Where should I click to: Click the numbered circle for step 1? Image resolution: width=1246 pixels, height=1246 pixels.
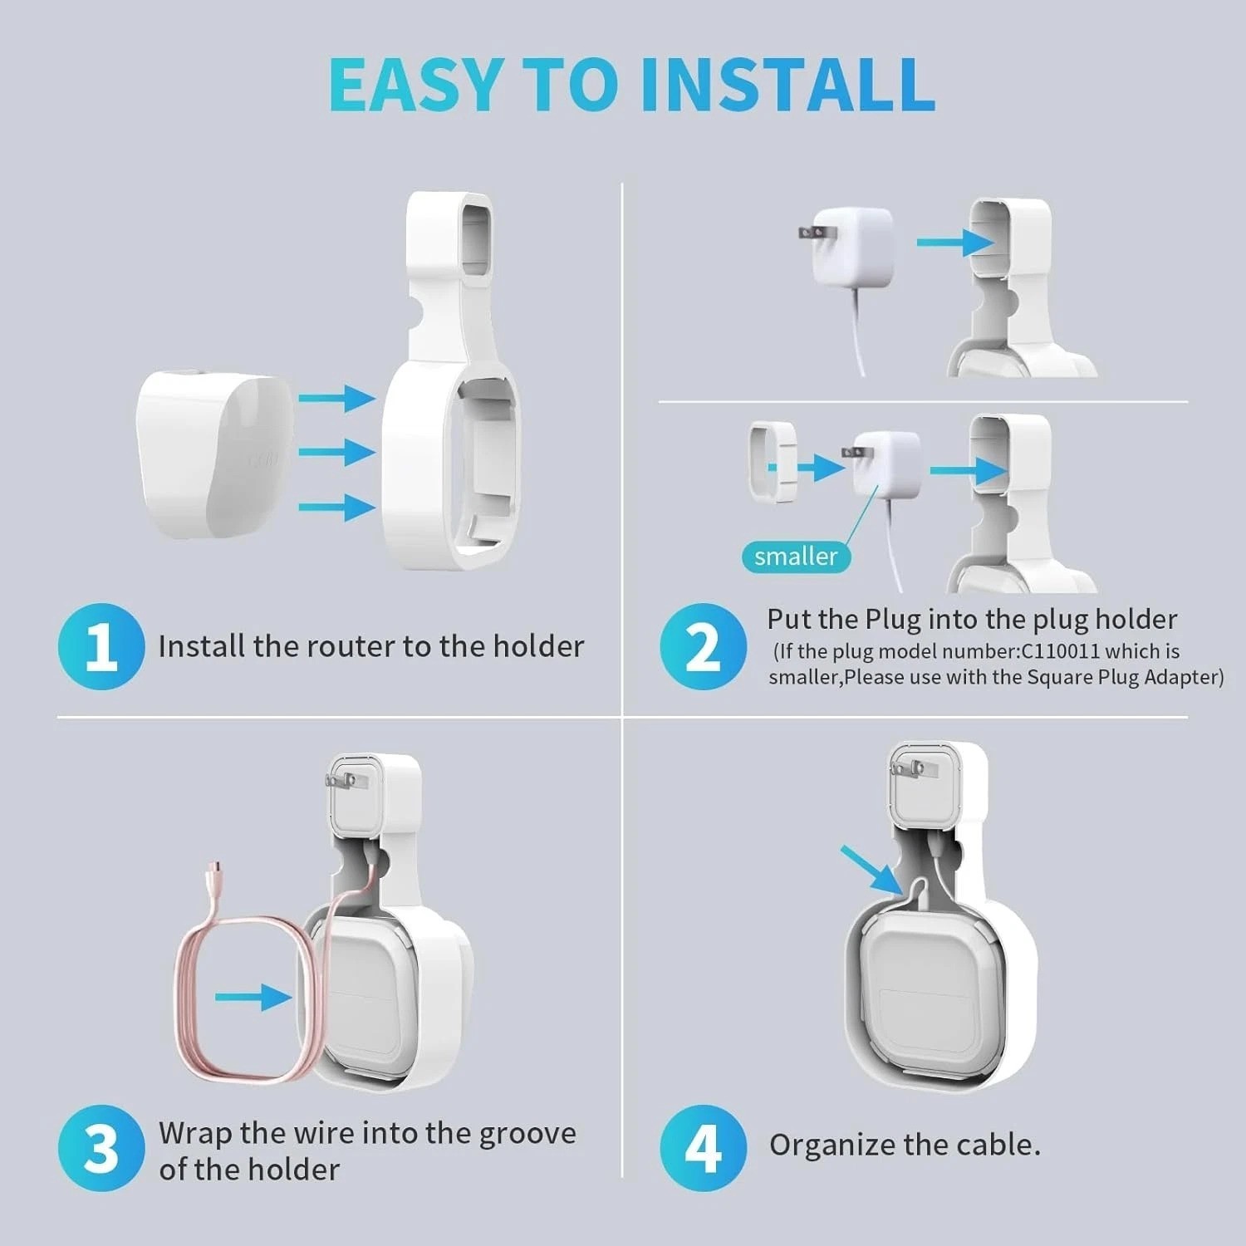(x=101, y=646)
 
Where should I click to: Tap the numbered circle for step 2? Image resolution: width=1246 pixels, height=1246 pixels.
(x=703, y=646)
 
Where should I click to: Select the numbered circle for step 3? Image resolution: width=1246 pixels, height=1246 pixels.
(x=101, y=1149)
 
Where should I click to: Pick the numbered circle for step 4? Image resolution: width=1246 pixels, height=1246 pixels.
(x=703, y=1149)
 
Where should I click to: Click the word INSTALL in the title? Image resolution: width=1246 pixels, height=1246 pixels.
(x=788, y=84)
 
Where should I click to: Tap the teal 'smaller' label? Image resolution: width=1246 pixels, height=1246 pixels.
(x=796, y=556)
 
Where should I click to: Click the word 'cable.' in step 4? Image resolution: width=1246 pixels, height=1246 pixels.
(x=998, y=1145)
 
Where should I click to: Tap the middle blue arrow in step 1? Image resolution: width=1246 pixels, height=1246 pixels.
(x=336, y=453)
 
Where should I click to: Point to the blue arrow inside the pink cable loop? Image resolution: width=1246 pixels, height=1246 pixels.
(x=254, y=996)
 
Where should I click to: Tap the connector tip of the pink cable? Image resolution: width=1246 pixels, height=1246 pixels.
(x=216, y=871)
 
